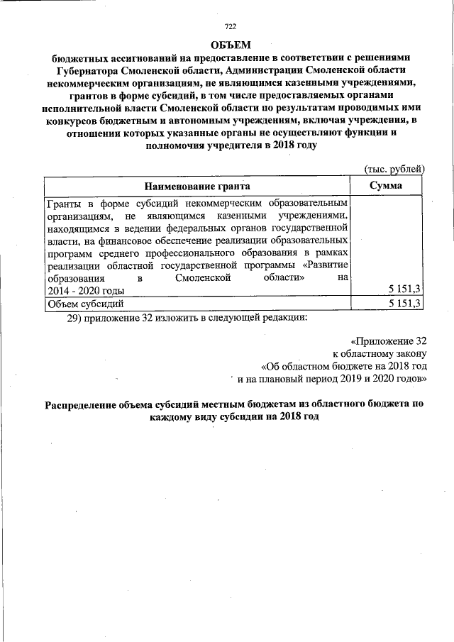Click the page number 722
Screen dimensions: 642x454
click(229, 27)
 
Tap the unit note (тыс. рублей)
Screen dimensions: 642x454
click(394, 169)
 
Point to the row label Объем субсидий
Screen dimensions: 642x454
click(85, 304)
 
